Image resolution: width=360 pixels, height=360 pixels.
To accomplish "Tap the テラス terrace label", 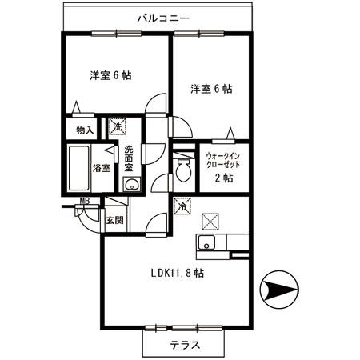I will pos(184,346).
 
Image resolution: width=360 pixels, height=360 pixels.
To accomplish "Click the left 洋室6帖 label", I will pos(110,75).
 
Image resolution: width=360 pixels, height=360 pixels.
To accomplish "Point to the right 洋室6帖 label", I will pos(211,89).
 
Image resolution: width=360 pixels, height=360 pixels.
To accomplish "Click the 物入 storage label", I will pos(85,130).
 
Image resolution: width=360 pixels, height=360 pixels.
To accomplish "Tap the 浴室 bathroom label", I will pos(101,168).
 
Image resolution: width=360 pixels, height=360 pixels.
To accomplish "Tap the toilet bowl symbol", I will pos(184,169).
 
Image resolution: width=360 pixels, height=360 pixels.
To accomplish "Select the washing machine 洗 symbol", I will pos(117,126).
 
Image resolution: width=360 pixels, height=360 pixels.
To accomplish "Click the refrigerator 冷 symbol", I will pos(183,205).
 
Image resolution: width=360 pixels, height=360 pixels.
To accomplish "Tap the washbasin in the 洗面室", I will pos(131,186).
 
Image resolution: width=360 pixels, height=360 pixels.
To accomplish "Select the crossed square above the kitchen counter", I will pos(211,219).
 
